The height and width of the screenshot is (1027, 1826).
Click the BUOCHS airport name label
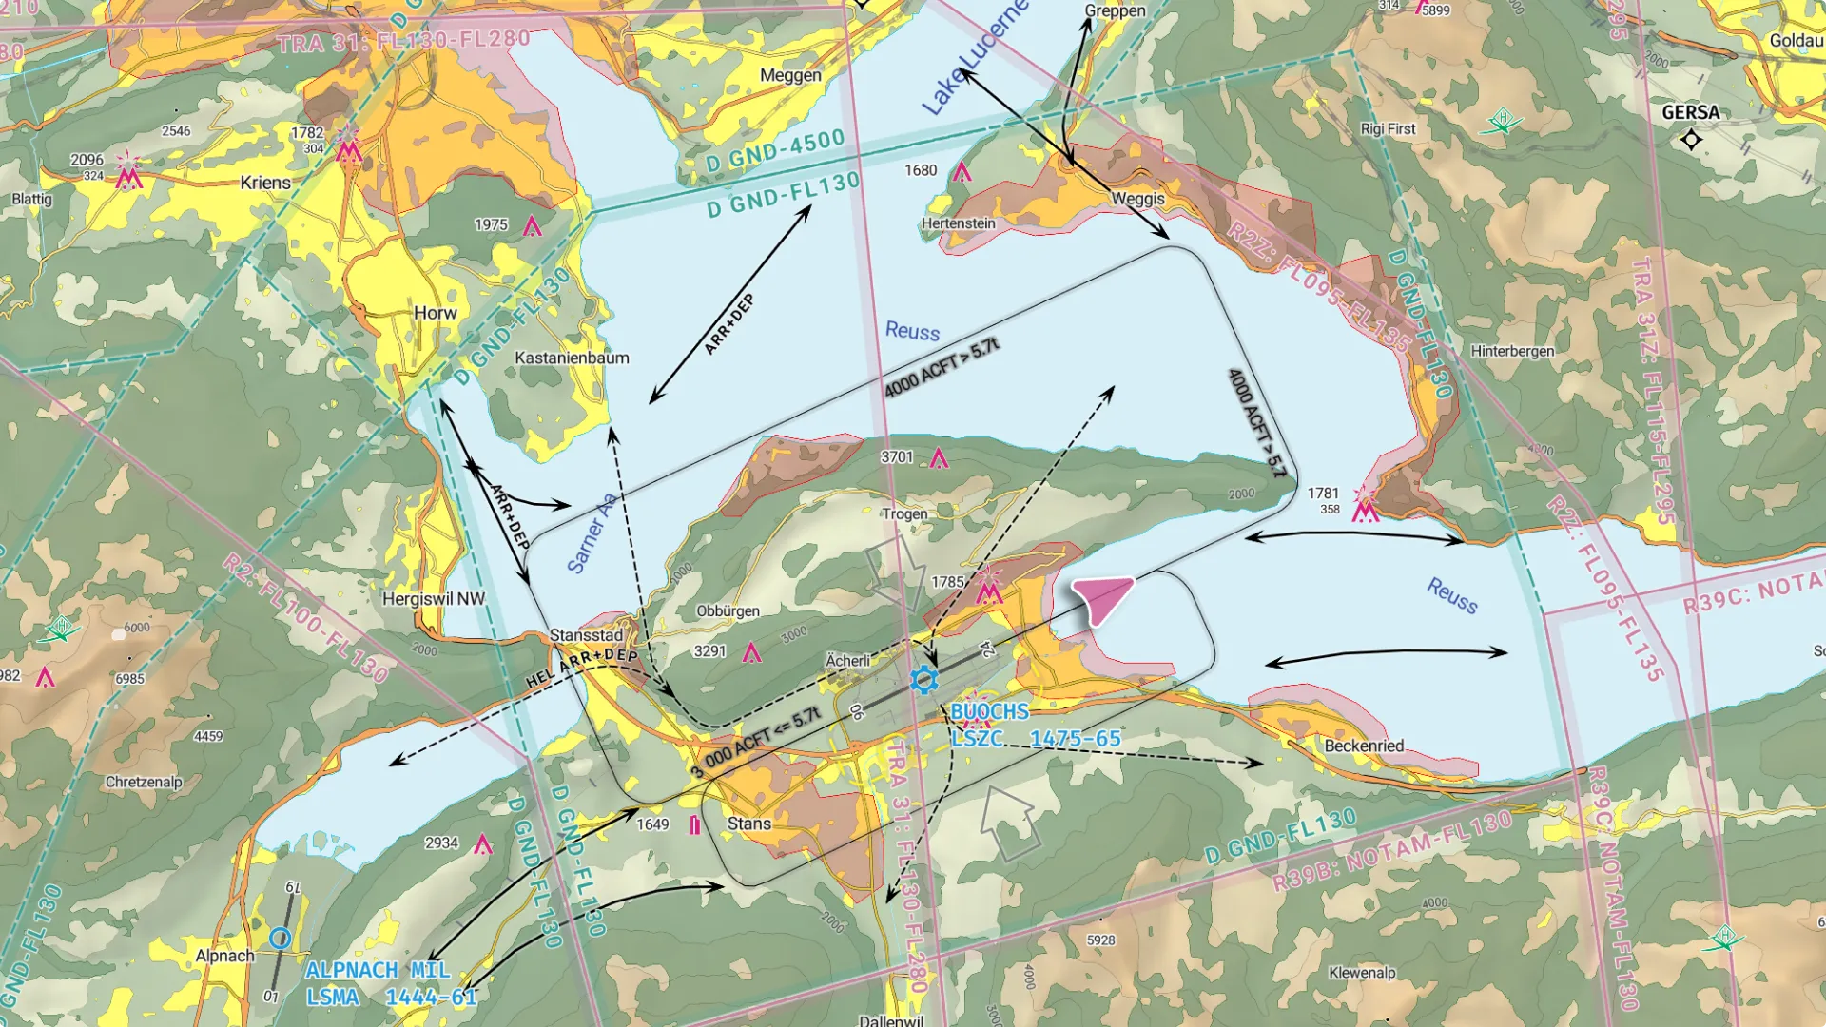point(989,711)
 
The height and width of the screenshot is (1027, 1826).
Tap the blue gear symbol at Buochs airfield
point(923,679)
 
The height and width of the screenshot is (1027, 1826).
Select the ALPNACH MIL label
point(378,970)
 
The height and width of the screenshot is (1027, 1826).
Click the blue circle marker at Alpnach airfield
point(280,939)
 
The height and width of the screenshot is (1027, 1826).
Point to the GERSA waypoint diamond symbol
point(1691,140)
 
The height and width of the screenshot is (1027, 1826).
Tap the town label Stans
point(748,824)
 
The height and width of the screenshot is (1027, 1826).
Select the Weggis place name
point(1137,199)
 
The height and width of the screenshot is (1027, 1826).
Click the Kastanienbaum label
point(572,358)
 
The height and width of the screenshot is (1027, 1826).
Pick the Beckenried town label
point(1364,746)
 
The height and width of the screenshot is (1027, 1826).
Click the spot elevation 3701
point(896,457)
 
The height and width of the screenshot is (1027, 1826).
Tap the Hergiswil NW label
point(433,599)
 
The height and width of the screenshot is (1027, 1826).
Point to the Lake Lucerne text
point(975,59)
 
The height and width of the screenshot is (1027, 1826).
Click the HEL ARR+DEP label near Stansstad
point(582,668)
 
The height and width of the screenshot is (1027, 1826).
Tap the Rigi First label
point(1388,129)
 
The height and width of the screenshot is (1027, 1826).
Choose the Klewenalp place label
point(1362,972)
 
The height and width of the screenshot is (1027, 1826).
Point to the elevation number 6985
point(129,679)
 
